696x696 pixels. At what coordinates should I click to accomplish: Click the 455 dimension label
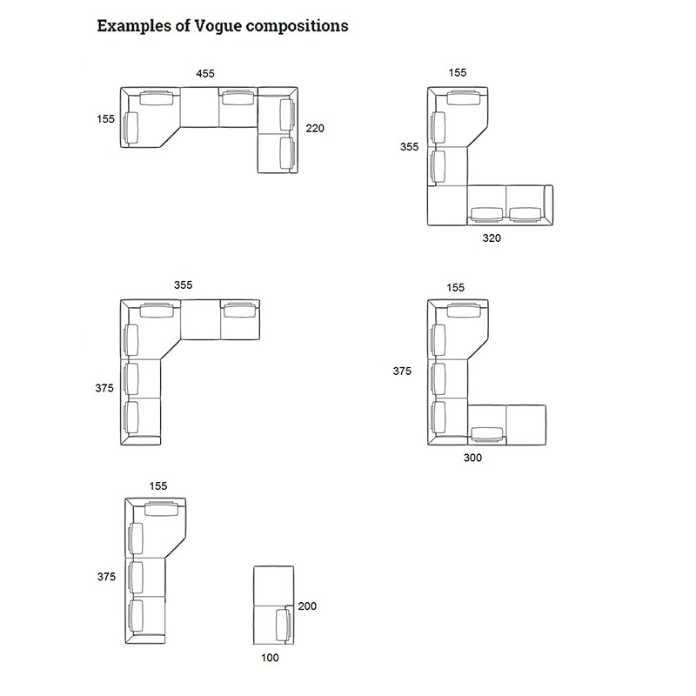205,74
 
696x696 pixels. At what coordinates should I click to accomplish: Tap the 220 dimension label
315,128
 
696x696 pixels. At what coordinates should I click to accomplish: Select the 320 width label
492,238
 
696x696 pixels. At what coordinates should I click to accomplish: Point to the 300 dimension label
472,458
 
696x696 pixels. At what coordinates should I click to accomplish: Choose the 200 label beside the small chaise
307,606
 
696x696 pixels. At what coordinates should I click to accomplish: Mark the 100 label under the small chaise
270,658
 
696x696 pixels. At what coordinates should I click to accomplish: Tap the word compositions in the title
297,27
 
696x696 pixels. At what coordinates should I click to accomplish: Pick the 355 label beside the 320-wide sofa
409,146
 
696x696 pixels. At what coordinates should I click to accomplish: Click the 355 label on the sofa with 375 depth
183,285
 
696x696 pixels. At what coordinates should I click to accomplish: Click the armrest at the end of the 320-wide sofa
549,205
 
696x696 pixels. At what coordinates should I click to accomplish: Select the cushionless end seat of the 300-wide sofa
526,425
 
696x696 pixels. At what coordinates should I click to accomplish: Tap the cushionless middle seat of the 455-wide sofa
199,107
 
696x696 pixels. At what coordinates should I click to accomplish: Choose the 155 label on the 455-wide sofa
105,119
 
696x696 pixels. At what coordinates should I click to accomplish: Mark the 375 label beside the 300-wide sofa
402,371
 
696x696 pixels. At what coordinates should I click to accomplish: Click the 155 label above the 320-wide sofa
458,73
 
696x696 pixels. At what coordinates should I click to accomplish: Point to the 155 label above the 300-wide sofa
455,288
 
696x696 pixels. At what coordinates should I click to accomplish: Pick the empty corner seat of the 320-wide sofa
447,205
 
